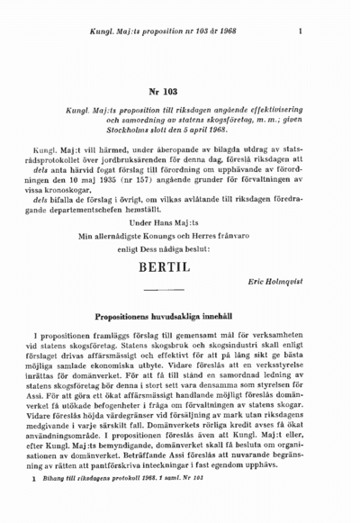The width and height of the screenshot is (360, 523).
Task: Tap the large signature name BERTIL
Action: [x=180, y=268]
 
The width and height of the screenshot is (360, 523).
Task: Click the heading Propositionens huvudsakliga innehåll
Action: [x=180, y=317]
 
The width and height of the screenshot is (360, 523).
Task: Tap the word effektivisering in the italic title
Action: [x=269, y=107]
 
